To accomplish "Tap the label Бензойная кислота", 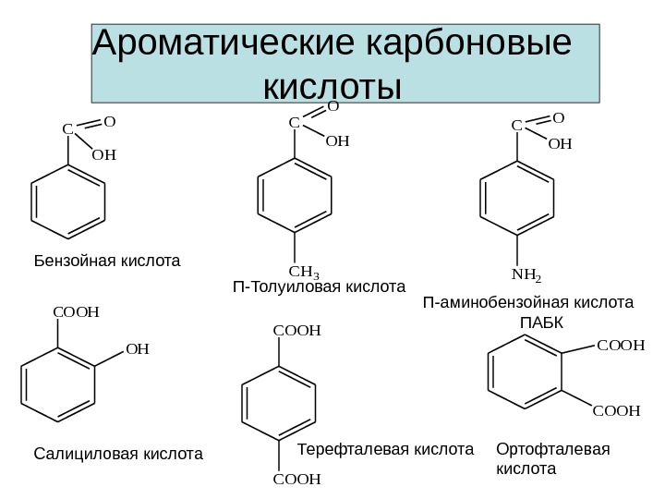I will (x=107, y=262).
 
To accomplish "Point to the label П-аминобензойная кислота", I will (x=528, y=302).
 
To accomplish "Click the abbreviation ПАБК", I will (x=541, y=323).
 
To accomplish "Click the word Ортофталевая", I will (x=553, y=449).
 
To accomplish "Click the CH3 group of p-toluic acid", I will (x=304, y=272).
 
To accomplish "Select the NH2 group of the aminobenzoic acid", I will (x=526, y=274).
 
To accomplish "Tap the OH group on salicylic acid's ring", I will (x=137, y=349).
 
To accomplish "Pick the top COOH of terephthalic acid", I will (x=296, y=329).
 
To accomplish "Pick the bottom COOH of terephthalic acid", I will (x=296, y=479).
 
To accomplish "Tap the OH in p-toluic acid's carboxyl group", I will (x=338, y=142).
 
